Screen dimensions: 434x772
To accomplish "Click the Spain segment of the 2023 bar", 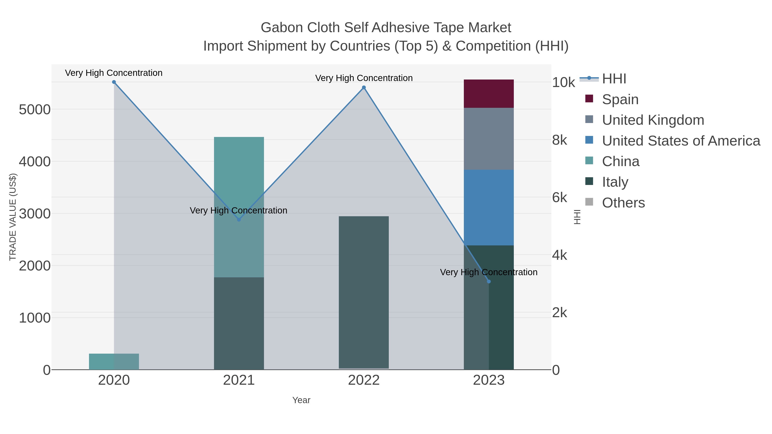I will click(489, 93).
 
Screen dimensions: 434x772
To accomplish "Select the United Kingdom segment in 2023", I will click(489, 139).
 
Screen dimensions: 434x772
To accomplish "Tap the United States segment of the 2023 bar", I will click(489, 207).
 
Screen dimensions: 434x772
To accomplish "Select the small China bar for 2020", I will click(114, 362).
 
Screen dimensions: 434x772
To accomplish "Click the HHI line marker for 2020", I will click(114, 82).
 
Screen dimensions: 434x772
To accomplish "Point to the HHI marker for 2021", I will click(239, 219).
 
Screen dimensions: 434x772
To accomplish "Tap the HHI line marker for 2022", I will click(364, 87).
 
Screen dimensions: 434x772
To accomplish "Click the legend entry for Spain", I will click(620, 99).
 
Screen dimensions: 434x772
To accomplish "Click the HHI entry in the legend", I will click(614, 79).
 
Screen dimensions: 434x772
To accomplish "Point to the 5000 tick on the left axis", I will click(35, 110).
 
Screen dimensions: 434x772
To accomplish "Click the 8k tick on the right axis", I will click(559, 140).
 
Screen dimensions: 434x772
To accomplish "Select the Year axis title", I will click(301, 400).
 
